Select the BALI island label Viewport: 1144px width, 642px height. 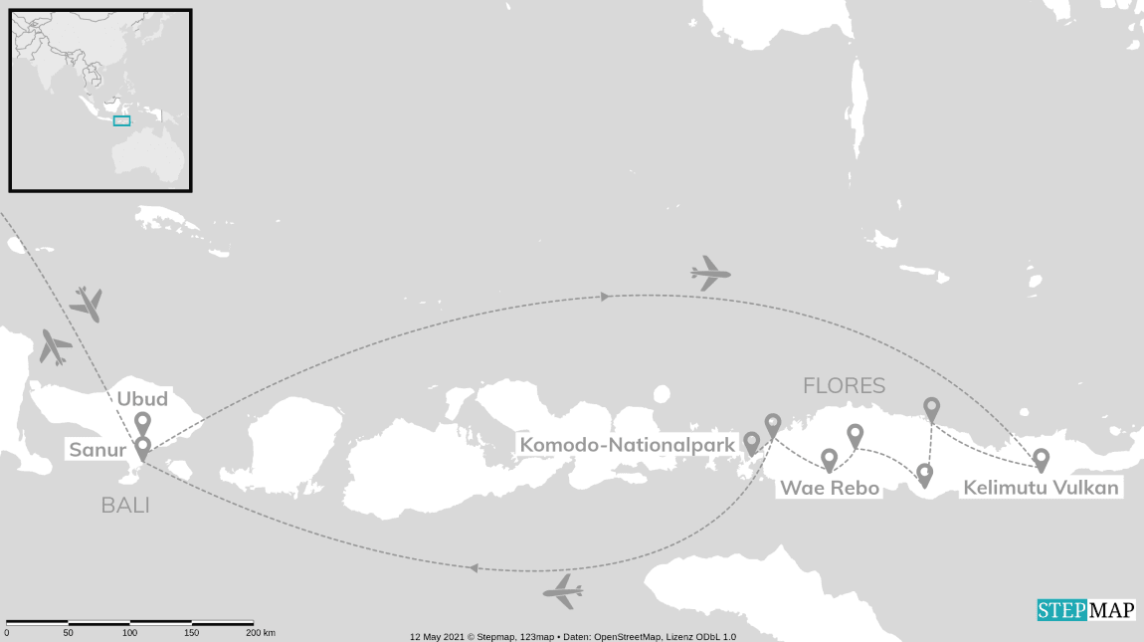click(125, 506)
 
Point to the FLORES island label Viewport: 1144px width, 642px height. click(845, 385)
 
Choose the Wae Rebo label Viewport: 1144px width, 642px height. click(830, 488)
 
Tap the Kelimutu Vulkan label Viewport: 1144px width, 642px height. click(1041, 488)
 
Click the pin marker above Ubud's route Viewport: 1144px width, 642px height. click(142, 425)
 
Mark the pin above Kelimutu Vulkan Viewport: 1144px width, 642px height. click(1041, 459)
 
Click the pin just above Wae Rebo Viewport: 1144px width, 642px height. click(829, 460)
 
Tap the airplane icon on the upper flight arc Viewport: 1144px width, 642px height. click(710, 273)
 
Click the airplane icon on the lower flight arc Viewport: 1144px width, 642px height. click(562, 592)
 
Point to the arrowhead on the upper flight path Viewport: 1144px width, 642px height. click(604, 296)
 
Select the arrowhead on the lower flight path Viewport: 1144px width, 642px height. click(474, 568)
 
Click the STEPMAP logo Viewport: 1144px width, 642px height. click(1086, 610)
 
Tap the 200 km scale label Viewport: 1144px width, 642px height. click(261, 633)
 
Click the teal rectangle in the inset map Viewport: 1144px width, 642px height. click(121, 120)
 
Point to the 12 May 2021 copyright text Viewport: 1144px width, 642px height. click(573, 636)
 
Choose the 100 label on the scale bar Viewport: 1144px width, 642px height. click(129, 633)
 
